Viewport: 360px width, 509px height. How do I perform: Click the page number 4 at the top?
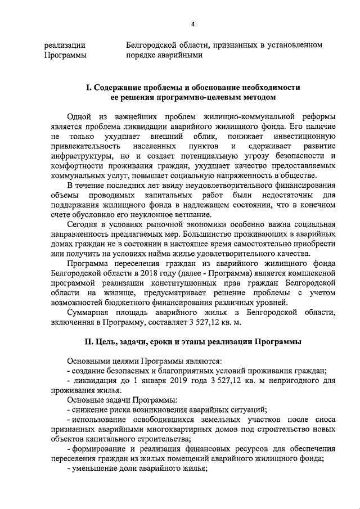pos(192,24)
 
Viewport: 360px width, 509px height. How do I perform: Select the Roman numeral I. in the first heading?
pos(87,88)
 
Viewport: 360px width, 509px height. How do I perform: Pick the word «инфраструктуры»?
pos(79,157)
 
